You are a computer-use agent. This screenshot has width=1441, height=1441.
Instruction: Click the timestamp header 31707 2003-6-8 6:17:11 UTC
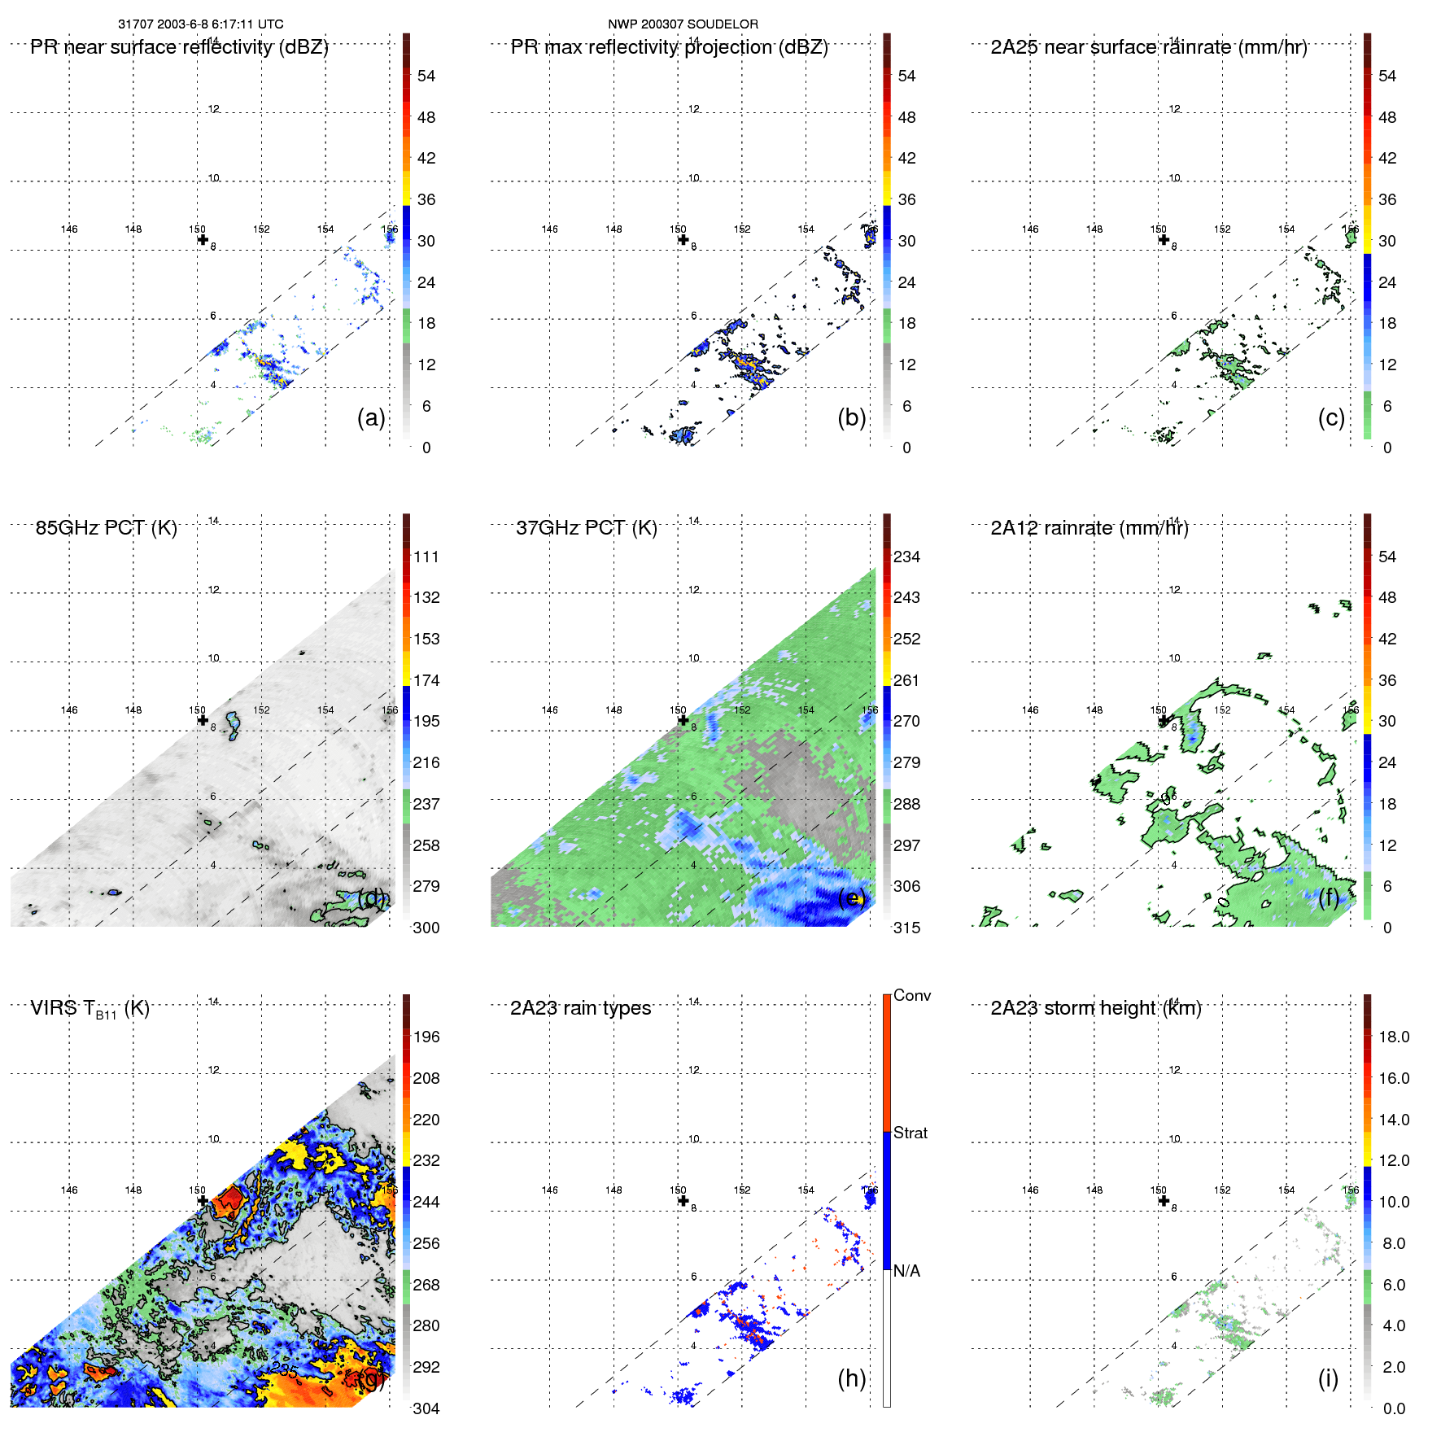[x=200, y=24]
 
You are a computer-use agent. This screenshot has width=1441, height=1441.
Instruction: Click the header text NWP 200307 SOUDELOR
[x=683, y=24]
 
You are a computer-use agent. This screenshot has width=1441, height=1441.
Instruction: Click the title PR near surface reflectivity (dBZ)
[x=179, y=47]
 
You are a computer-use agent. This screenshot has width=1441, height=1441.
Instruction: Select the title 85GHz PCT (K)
[x=106, y=528]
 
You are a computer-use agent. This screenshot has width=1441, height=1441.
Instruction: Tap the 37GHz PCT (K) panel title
[x=586, y=528]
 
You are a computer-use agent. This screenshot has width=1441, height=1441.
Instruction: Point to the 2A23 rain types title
[x=580, y=1008]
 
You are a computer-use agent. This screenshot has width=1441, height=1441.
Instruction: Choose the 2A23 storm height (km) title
[x=1095, y=1008]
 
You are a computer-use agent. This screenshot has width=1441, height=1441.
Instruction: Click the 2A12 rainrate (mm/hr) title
[x=1089, y=528]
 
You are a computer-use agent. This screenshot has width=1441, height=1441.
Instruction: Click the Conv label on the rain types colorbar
[x=911, y=995]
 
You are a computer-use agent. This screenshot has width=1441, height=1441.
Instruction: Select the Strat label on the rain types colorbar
[x=910, y=1133]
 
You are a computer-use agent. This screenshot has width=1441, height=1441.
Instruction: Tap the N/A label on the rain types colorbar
[x=906, y=1271]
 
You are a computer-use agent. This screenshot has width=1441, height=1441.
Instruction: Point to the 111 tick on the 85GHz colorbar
[x=426, y=557]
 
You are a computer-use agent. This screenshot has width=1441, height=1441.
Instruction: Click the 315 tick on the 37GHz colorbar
[x=906, y=928]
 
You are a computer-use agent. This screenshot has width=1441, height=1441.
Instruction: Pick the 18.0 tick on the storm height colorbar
[x=1393, y=1037]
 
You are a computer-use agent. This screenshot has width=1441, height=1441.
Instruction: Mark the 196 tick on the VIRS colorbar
[x=426, y=1037]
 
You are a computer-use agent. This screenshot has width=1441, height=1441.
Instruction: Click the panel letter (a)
[x=371, y=417]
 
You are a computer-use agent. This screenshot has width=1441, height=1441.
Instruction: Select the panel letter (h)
[x=851, y=1378]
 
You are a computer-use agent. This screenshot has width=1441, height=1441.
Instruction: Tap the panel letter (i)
[x=1328, y=1378]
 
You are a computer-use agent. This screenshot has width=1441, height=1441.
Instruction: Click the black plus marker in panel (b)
[x=683, y=239]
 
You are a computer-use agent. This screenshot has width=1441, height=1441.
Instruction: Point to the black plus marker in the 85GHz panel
[x=203, y=719]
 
